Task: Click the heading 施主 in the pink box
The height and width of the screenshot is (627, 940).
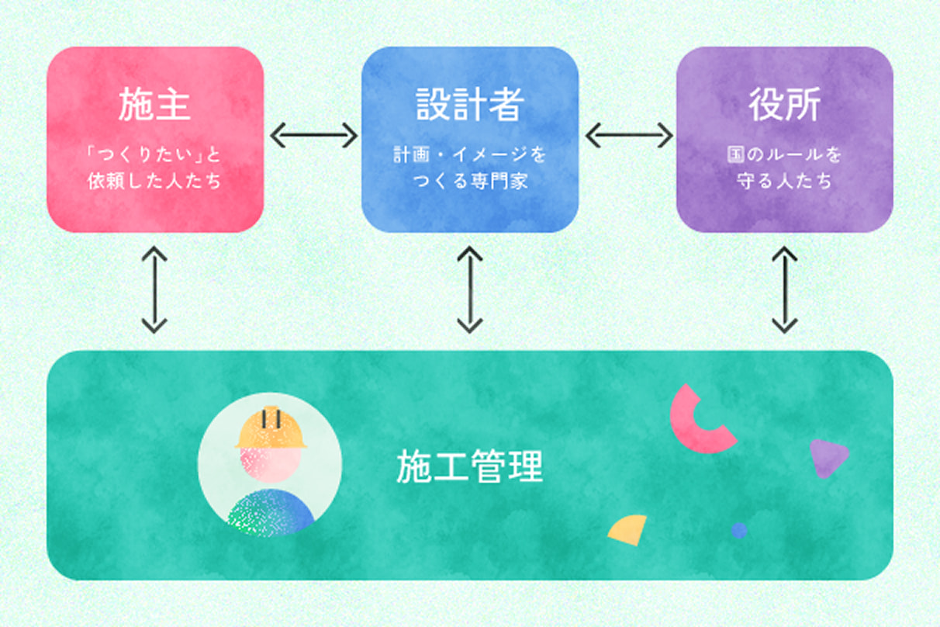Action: [x=154, y=105]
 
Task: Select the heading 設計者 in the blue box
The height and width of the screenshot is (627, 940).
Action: [x=470, y=105]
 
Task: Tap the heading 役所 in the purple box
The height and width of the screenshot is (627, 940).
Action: [x=784, y=105]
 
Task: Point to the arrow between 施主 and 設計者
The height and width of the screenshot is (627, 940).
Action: [x=313, y=136]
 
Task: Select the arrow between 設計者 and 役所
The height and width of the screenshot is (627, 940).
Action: [x=628, y=136]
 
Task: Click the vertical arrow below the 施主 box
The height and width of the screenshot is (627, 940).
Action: [x=154, y=289]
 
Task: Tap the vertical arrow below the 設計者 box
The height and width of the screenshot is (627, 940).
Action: [x=470, y=289]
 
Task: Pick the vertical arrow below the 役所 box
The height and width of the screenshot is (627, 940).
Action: [x=785, y=289]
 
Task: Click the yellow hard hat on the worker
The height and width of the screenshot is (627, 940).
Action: [x=271, y=428]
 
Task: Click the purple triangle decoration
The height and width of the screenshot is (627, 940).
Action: [x=826, y=456]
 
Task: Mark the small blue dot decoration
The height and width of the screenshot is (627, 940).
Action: [x=739, y=530]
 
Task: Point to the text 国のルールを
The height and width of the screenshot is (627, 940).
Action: [x=784, y=155]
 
